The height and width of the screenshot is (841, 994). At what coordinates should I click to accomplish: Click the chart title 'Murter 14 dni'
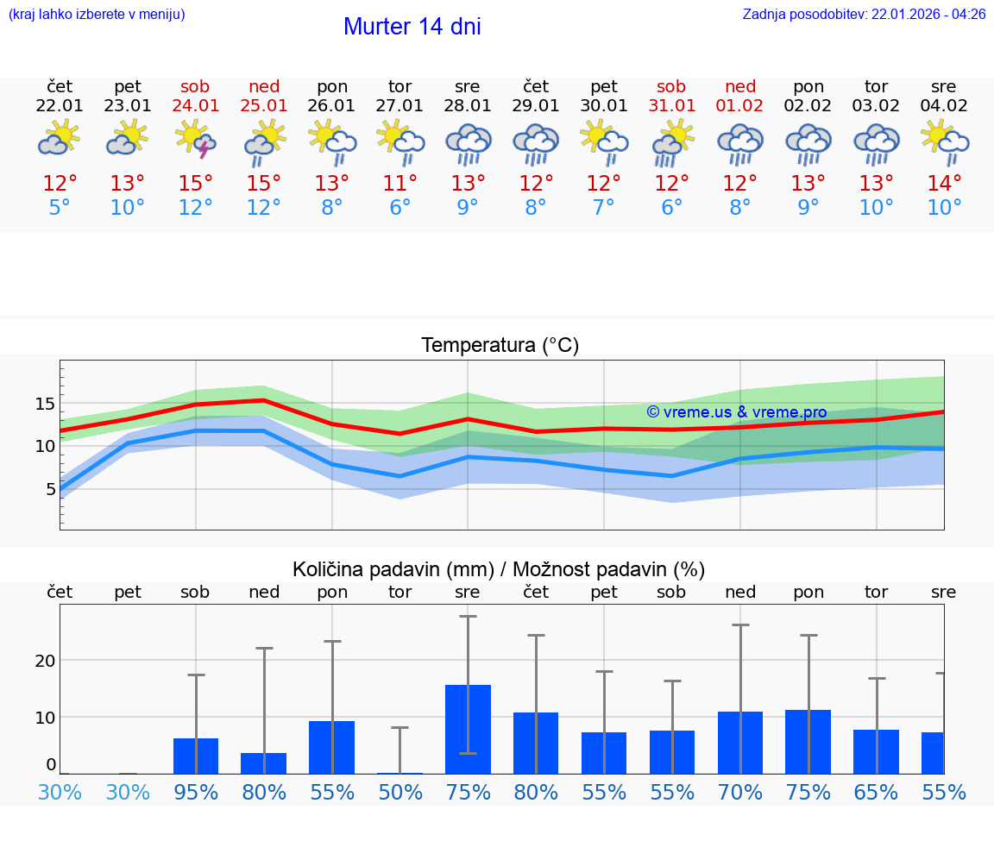[x=412, y=27]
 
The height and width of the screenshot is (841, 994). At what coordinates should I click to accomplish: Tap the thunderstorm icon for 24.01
[x=196, y=139]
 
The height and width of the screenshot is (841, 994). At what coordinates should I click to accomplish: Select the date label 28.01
[x=468, y=106]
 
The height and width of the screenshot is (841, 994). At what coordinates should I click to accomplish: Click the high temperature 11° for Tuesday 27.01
[x=399, y=184]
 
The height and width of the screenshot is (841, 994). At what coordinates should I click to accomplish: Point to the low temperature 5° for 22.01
[x=60, y=208]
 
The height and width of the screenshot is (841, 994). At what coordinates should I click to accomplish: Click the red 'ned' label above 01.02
[x=740, y=86]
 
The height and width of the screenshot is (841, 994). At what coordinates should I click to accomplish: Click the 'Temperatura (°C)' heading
[x=500, y=346]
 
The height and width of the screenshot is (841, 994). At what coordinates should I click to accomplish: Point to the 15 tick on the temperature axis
[x=45, y=404]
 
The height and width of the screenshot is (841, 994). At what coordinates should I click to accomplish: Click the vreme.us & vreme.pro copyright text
[x=736, y=412]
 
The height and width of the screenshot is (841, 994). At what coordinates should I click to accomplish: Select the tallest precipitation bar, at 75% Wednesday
[x=468, y=729]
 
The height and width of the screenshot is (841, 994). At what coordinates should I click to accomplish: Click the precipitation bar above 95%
[x=196, y=756]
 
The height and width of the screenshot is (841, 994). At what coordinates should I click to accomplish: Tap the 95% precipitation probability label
[x=196, y=793]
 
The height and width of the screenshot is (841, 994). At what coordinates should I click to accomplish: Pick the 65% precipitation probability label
[x=876, y=793]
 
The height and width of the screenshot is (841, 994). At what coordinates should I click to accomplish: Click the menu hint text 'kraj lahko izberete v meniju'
[x=97, y=15]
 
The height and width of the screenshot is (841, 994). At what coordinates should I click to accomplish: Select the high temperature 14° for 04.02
[x=944, y=184]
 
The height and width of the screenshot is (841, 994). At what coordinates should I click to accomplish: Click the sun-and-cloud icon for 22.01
[x=60, y=139]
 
